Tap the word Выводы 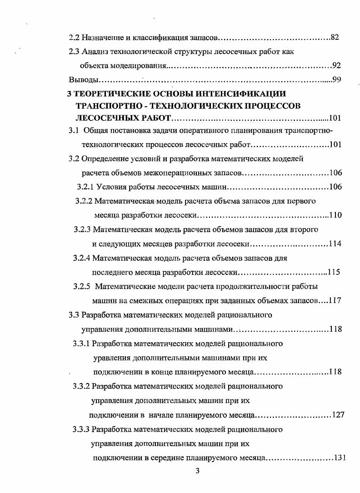click(84, 80)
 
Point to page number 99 click(337, 80)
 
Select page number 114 click(335, 244)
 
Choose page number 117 click(335, 300)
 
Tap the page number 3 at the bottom click(197, 471)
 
